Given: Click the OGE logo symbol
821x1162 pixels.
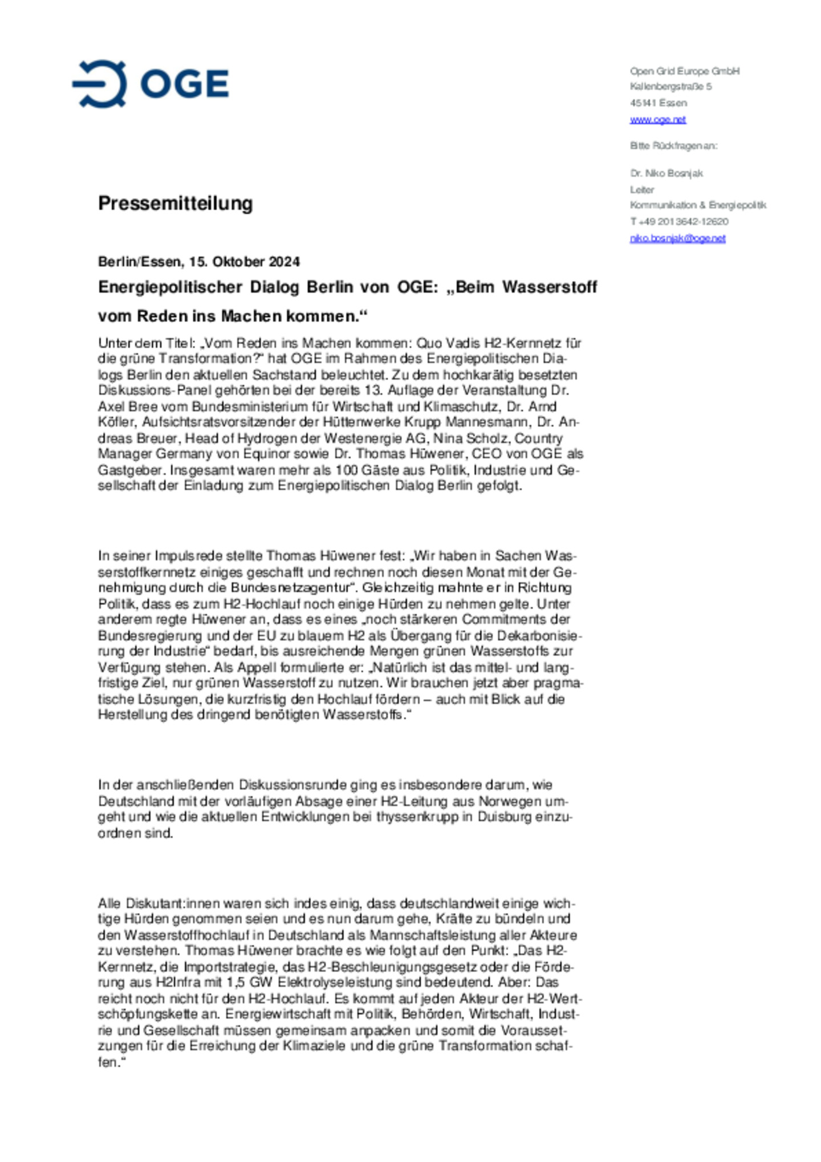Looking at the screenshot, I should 99,84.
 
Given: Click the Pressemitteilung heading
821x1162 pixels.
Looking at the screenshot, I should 175,203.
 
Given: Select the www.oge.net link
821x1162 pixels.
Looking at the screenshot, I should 657,119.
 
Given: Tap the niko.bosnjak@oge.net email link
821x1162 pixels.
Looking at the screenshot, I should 677,238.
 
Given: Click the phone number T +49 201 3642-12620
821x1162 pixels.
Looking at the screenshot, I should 678,221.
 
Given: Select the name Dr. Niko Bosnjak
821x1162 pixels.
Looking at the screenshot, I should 666,173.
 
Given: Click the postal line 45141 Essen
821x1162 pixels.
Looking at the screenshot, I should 658,103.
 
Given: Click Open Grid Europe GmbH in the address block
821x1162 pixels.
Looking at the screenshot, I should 684,71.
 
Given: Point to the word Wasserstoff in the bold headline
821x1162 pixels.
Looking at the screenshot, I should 549,287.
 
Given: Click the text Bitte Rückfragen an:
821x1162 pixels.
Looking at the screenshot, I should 673,146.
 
